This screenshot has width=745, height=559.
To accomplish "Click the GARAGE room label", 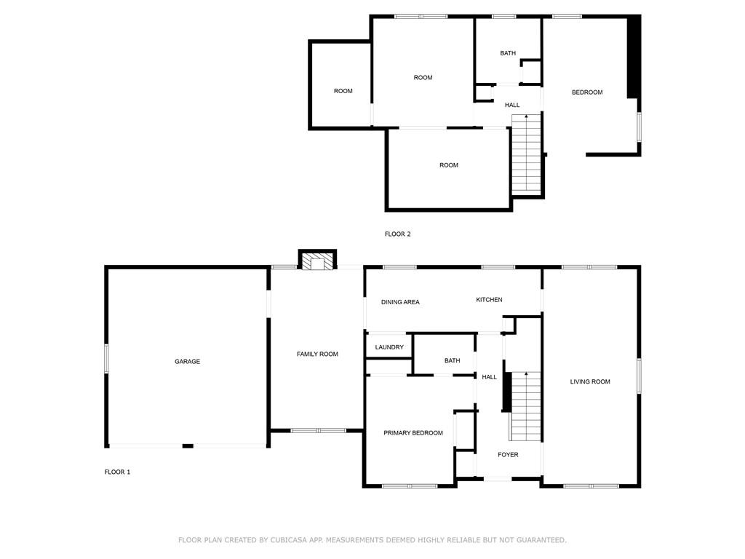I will click(x=187, y=362).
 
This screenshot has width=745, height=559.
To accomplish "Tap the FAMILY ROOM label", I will click(x=317, y=354).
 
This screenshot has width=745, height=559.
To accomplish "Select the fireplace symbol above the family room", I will click(x=318, y=261).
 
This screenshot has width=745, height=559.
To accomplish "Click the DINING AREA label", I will click(x=400, y=302).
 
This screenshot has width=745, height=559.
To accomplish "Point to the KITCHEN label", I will click(x=489, y=300).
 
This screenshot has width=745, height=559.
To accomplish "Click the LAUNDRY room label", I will click(x=389, y=347).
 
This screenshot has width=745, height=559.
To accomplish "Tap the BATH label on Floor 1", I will click(x=452, y=360).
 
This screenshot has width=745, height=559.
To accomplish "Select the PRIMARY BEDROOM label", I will click(x=413, y=433).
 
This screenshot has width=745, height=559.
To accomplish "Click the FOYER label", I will click(x=508, y=455).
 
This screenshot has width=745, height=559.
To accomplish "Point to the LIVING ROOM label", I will click(x=590, y=381).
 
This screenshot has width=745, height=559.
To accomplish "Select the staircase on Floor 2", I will click(x=527, y=153).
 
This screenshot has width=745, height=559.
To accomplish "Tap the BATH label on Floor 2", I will click(x=508, y=53).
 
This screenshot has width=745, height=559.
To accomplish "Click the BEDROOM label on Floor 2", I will click(x=587, y=92).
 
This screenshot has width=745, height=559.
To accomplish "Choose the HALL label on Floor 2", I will click(x=512, y=105).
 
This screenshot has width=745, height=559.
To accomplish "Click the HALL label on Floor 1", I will click(x=490, y=377).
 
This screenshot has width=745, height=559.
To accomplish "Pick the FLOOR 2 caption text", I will click(x=398, y=234).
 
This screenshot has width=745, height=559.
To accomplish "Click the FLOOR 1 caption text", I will click(x=117, y=472).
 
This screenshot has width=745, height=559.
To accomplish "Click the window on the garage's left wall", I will click(x=106, y=359).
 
